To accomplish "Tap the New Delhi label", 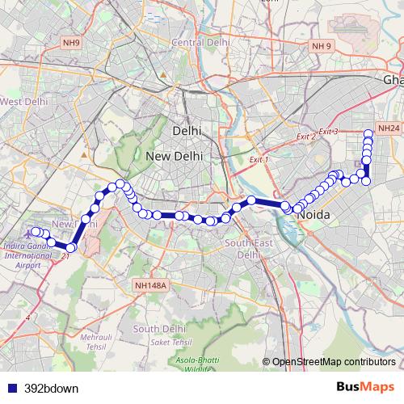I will point(173,155).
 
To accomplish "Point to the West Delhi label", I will point(22,102).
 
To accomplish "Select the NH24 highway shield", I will point(389,128).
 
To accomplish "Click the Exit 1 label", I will point(258,160).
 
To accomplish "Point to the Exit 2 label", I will point(305,137).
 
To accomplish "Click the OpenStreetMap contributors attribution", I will point(333,361).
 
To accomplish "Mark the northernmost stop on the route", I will point(368,133).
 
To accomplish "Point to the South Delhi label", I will point(161,329).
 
